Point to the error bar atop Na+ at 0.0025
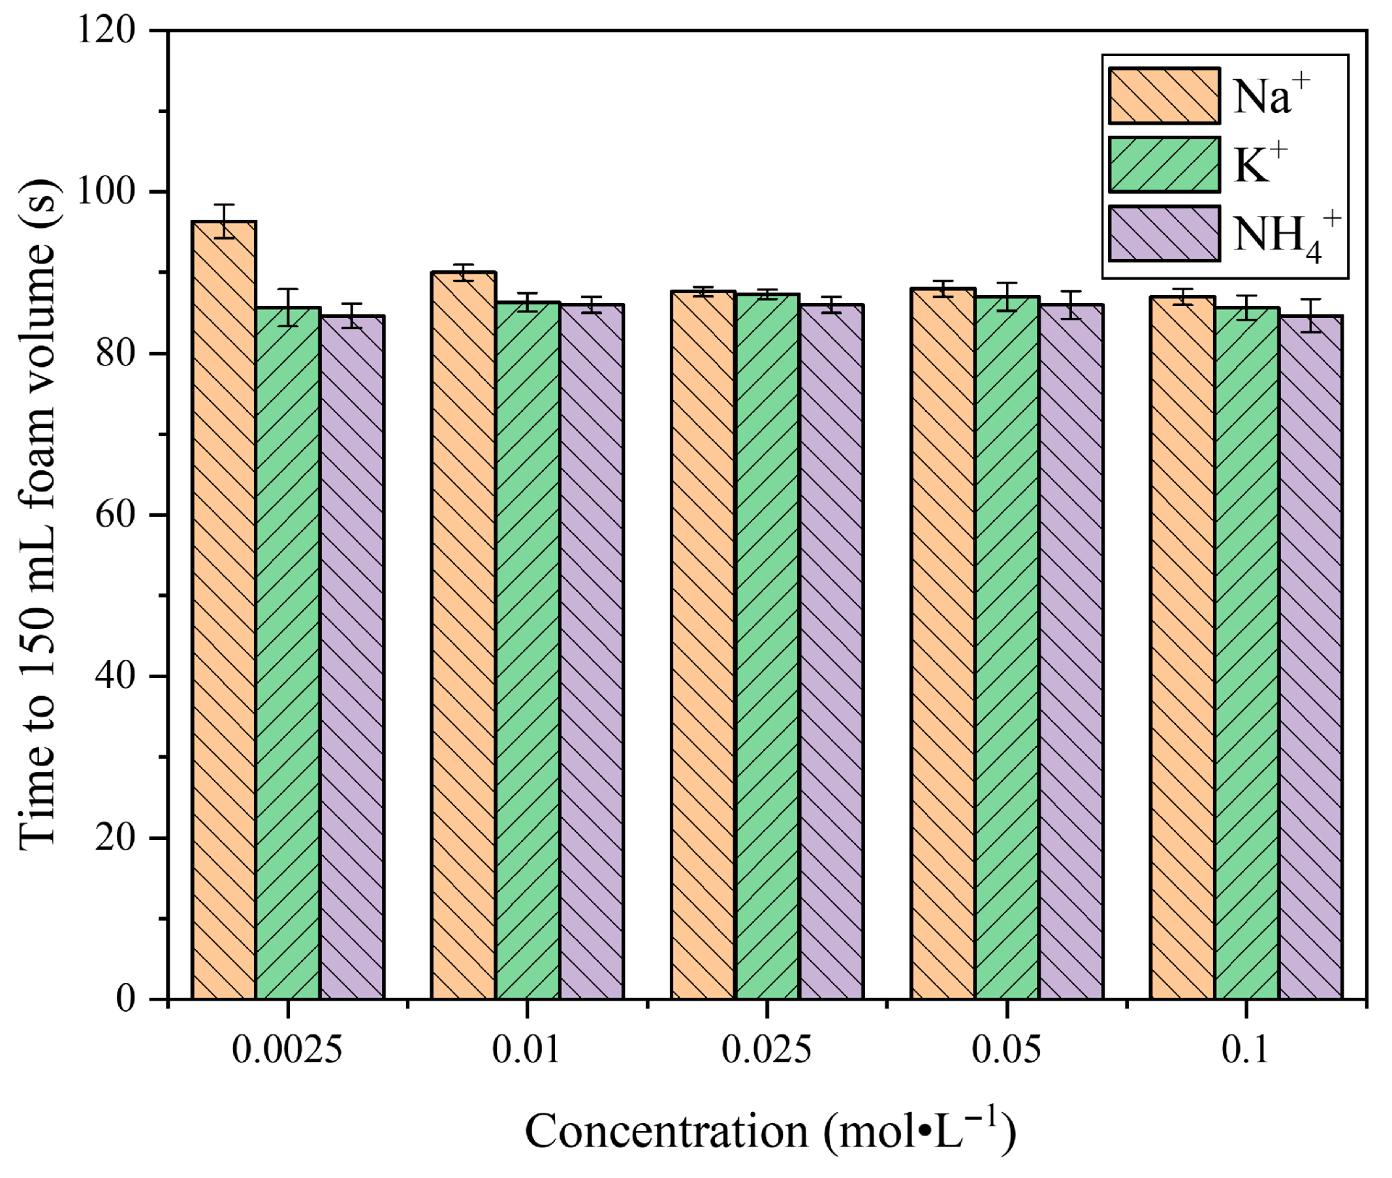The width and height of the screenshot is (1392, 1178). tap(225, 221)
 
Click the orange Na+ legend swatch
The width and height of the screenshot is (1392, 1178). tap(1163, 96)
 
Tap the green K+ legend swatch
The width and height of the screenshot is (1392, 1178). tap(1163, 164)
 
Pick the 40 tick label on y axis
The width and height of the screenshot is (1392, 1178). tap(114, 677)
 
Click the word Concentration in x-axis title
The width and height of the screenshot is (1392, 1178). tap(666, 1131)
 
